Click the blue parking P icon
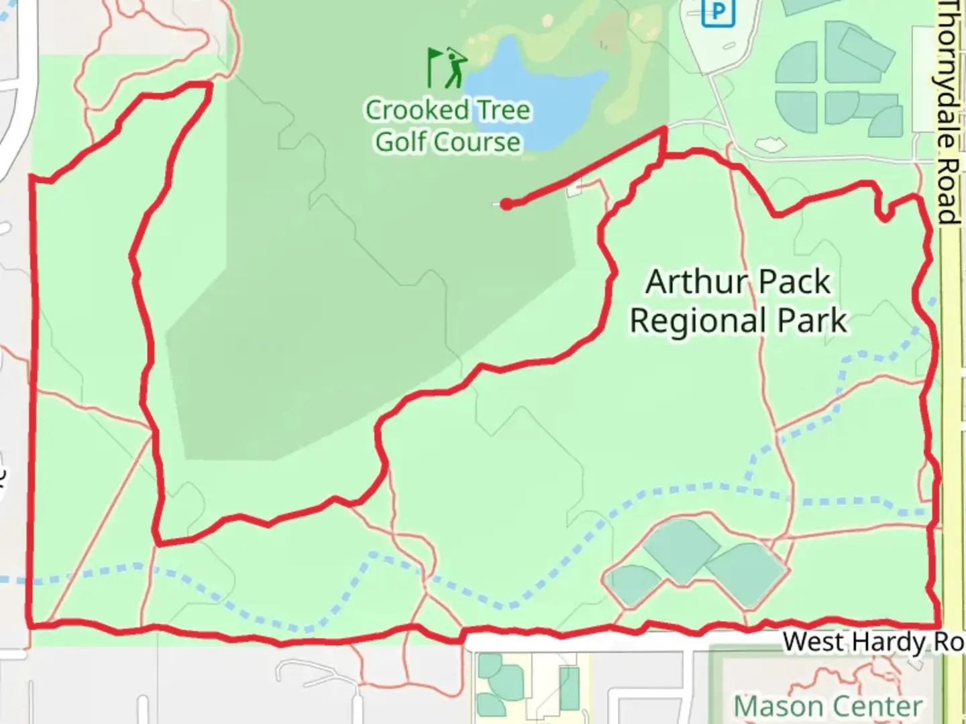click(x=717, y=12)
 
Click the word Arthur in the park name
click(x=691, y=282)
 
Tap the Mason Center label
click(x=828, y=707)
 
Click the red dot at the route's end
click(x=506, y=204)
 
